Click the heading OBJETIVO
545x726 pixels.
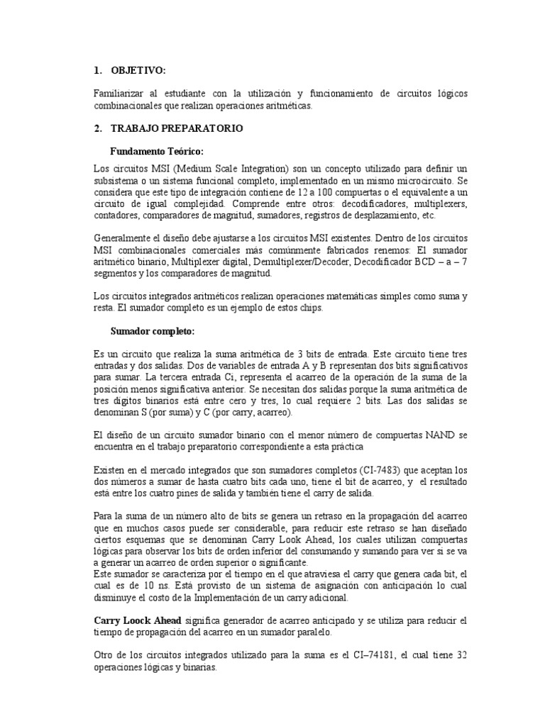pyautogui.click(x=144, y=71)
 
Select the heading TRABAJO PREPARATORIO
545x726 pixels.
pyautogui.click(x=177, y=128)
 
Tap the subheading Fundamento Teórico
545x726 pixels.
pyautogui.click(x=157, y=151)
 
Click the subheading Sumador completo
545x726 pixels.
pyautogui.click(x=152, y=330)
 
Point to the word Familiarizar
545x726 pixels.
pyautogui.click(x=119, y=94)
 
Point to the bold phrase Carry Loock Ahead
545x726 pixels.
pyautogui.click(x=137, y=620)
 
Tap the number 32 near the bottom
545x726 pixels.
pyautogui.click(x=459, y=657)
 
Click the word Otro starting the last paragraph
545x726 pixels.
pyautogui.click(x=104, y=657)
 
